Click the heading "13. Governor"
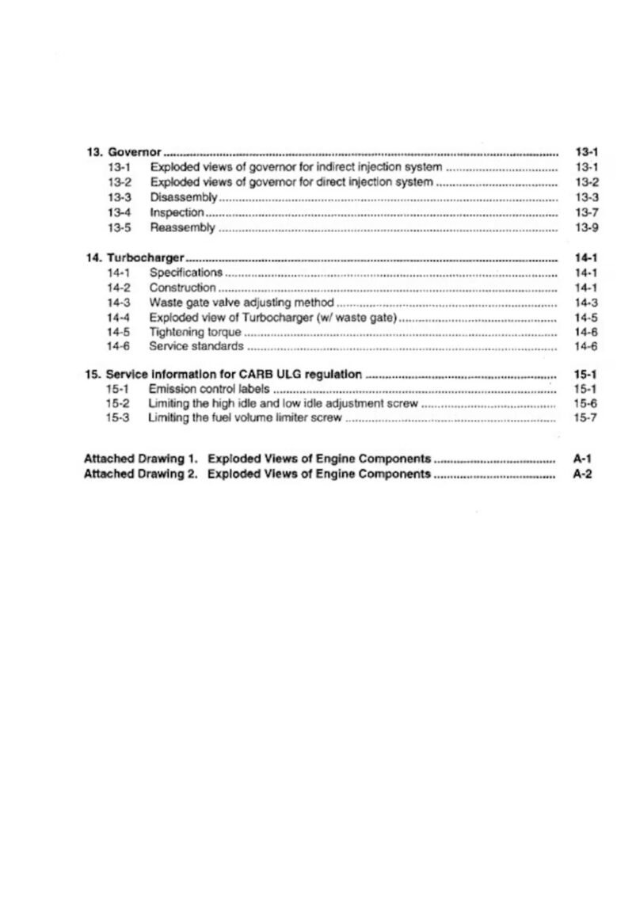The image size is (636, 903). click(124, 151)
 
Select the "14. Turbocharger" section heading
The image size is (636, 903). click(135, 257)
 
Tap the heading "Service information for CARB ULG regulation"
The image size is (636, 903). click(234, 374)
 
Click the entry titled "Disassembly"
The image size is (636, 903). click(183, 197)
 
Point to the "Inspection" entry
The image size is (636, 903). click(177, 212)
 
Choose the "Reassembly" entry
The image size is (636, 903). click(182, 227)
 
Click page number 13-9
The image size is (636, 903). click(586, 227)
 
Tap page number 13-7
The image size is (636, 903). click(586, 212)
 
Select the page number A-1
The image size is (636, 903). click(583, 459)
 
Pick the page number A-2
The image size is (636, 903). click(583, 474)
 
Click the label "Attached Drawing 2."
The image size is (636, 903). click(140, 474)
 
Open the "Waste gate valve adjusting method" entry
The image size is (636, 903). click(242, 303)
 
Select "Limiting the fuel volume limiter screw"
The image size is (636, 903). click(245, 417)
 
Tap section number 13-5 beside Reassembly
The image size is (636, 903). click(118, 227)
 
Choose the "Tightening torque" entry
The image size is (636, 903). click(195, 332)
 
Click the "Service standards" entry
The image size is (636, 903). click(196, 346)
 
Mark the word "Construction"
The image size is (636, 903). click(182, 288)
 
